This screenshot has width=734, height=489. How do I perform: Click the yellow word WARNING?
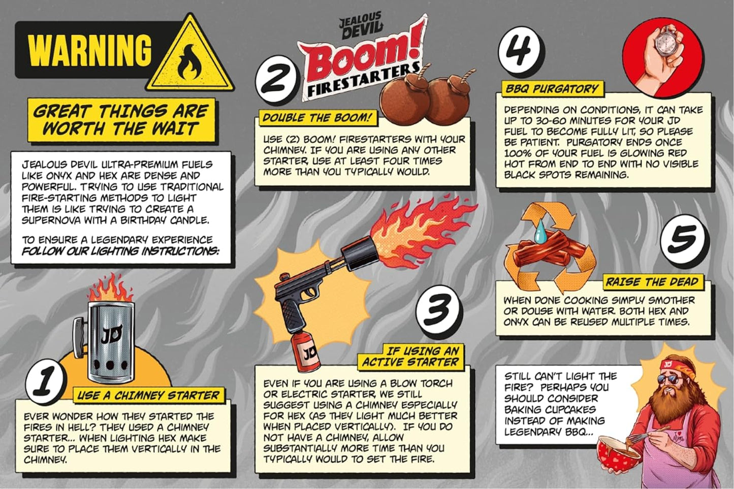pyautogui.click(x=90, y=51)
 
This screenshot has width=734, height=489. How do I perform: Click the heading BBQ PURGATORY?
pyautogui.click(x=553, y=89)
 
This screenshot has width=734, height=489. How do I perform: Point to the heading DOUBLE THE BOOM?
pyautogui.click(x=316, y=118)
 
